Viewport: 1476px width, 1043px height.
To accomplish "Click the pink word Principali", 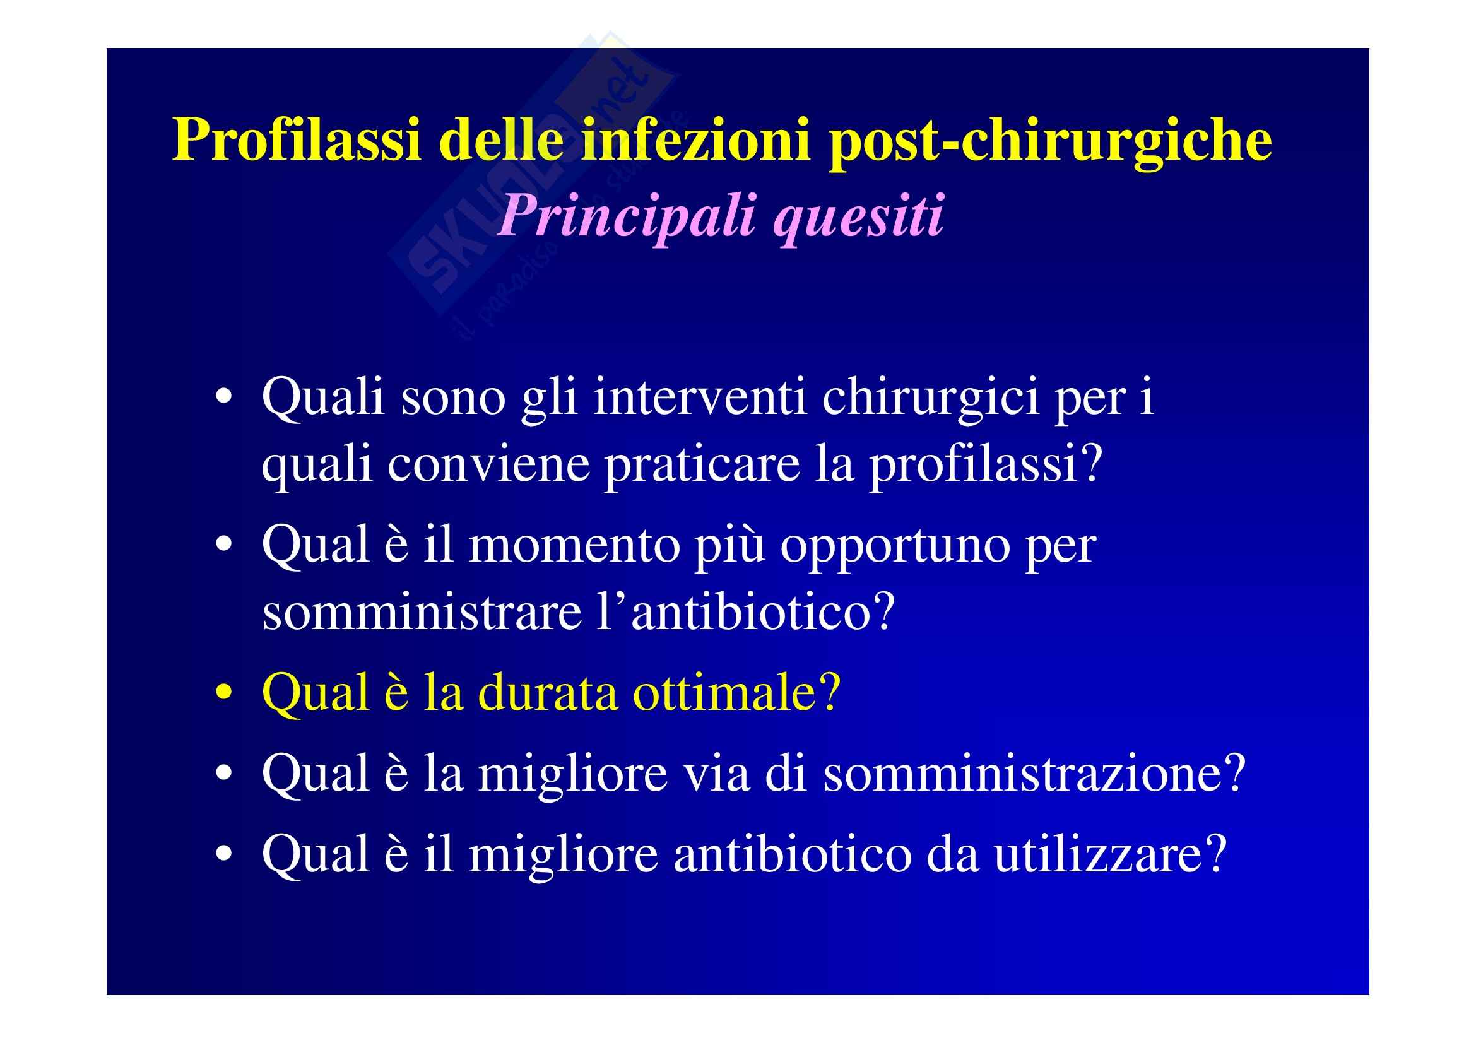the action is pos(627,216).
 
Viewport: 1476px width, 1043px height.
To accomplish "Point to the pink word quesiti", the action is pos(859,216).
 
